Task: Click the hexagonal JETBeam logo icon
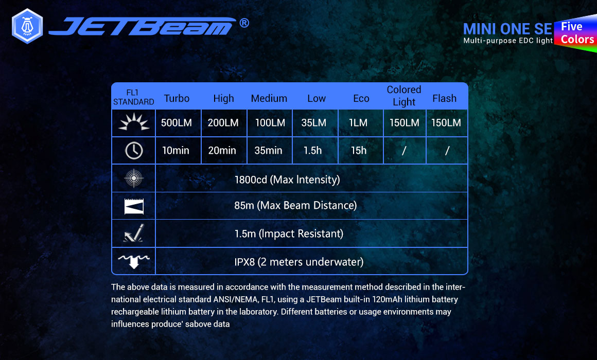coord(27,26)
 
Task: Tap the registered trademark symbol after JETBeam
coord(244,23)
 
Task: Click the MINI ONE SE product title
coord(507,29)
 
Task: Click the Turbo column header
coord(177,98)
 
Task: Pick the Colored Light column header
coord(404,96)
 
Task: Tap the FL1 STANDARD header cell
coord(133,97)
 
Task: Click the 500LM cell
coord(177,122)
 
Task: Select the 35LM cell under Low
coord(314,122)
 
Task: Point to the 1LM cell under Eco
coord(358,122)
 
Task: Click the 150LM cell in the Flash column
coord(446,122)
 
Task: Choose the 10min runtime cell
coord(175,150)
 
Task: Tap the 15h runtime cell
coord(359,150)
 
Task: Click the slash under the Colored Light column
coord(404,151)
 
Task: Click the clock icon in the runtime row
coord(134,150)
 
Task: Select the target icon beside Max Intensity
coord(134,178)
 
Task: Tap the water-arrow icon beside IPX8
coord(134,261)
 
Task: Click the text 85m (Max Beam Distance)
coord(295,206)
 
